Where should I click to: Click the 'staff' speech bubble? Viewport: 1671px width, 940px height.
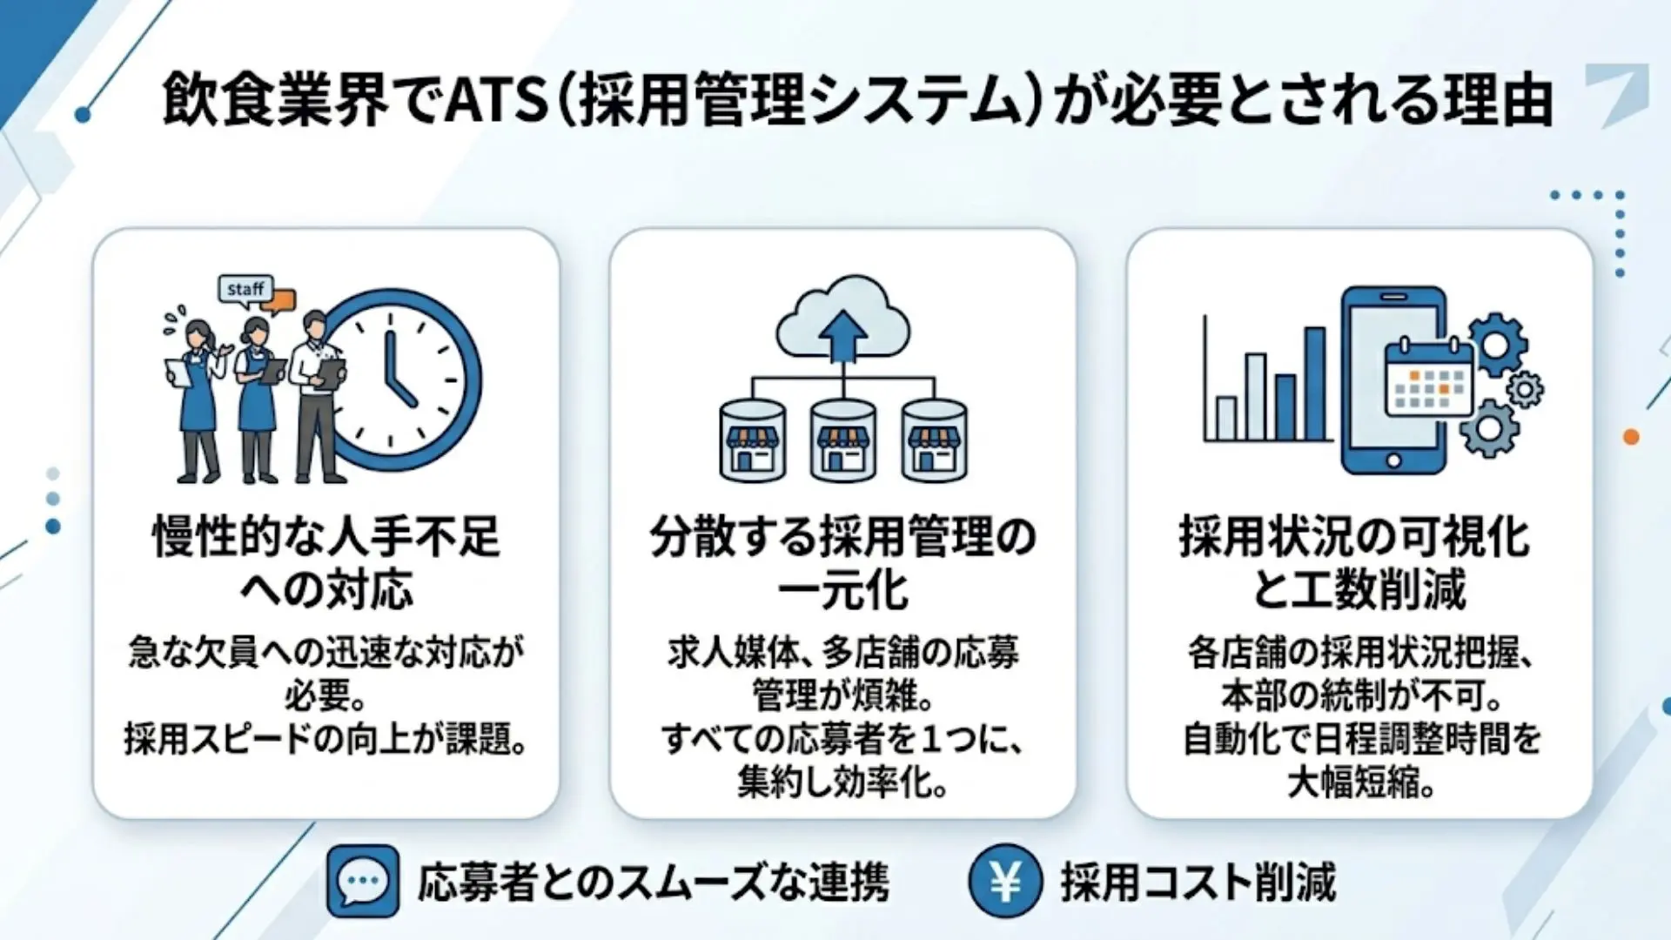coord(245,289)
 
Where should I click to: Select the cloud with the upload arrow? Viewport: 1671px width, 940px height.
coord(842,321)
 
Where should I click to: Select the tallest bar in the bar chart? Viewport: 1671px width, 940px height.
coord(1314,383)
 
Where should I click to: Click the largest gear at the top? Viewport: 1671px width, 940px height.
coord(1496,345)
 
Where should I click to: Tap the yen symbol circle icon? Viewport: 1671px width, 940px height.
coord(1005,882)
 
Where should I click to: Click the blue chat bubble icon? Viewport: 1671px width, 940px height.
coord(363,882)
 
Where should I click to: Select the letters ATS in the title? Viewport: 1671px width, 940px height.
coord(496,100)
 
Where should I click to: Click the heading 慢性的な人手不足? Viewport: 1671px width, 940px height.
coord(326,536)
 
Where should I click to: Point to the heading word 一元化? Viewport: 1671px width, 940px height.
coord(842,590)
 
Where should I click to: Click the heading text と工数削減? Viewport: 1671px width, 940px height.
coord(1359,590)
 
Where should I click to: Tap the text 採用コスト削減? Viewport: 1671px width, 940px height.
coord(1198,883)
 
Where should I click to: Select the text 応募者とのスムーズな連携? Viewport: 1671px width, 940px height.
coord(654,883)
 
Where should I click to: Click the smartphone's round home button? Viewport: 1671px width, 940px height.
coord(1393,460)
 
